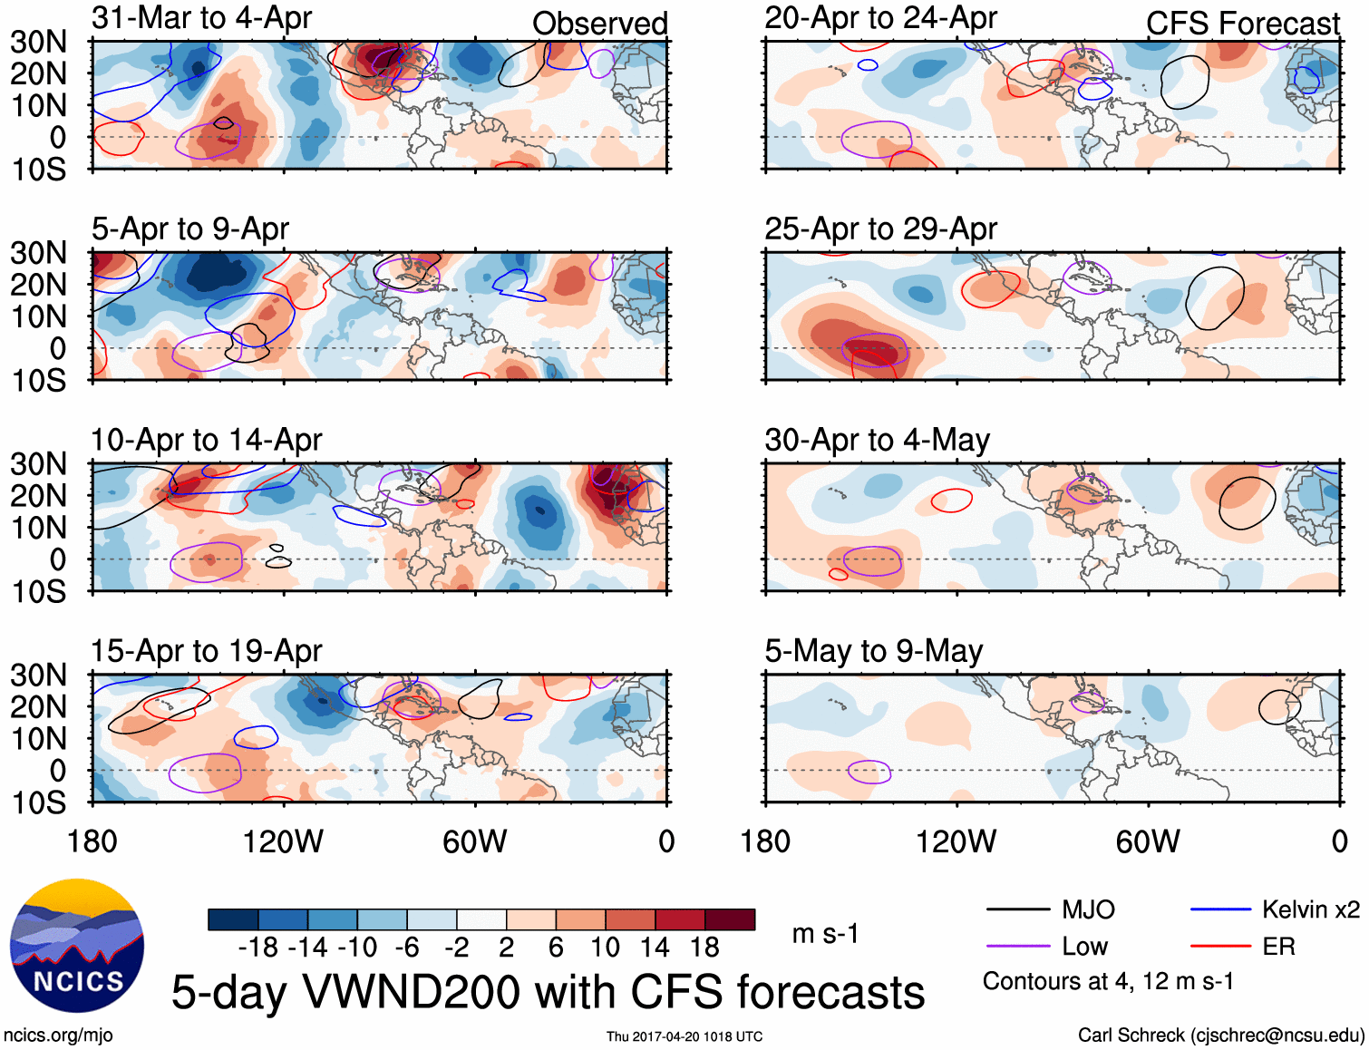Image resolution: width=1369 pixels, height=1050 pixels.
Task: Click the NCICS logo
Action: coord(77,946)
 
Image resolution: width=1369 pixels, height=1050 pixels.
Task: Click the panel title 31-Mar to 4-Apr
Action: coord(201,17)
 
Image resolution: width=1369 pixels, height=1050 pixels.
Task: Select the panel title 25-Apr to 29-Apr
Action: coord(880,228)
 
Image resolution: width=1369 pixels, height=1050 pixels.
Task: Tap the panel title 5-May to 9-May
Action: coord(873,651)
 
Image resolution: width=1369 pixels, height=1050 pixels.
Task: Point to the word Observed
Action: coord(599,24)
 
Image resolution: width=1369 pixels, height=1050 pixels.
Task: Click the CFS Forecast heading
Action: coord(1242,24)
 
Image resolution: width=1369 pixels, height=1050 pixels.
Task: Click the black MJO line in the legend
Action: coord(1017,909)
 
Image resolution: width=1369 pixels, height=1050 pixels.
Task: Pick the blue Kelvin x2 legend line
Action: coord(1220,909)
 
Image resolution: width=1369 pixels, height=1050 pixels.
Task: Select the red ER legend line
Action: coord(1220,947)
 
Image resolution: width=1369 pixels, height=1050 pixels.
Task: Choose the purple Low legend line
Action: coord(1017,947)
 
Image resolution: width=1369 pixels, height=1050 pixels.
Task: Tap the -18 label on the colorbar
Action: coord(258,948)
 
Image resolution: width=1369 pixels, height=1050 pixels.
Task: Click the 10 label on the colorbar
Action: coord(606,948)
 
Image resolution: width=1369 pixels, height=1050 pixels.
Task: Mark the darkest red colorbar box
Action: coord(730,919)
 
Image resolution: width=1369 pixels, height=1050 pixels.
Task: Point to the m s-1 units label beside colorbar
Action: coord(825,934)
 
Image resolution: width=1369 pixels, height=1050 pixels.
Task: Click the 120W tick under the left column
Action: coord(283,841)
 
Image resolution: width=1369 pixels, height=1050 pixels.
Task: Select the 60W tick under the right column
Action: coord(1148,841)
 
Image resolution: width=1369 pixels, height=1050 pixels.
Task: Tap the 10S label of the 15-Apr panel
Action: coord(39,802)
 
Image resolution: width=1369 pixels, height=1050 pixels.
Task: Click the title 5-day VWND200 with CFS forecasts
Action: coord(548,992)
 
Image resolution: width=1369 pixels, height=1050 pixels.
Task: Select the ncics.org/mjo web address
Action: coord(58,1035)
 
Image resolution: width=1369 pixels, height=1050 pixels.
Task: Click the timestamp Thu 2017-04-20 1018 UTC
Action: coord(684,1036)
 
